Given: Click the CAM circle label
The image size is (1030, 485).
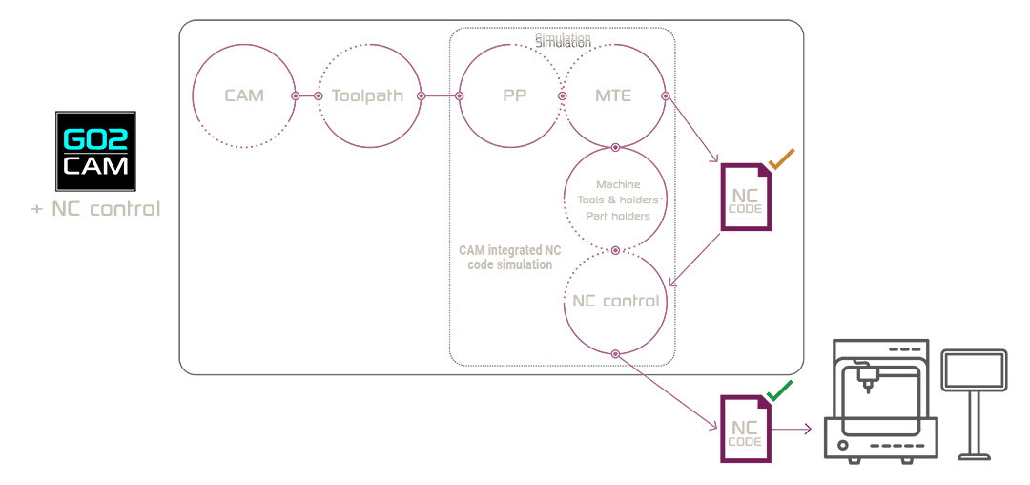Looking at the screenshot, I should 244,95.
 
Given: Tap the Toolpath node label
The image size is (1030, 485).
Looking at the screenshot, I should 367,95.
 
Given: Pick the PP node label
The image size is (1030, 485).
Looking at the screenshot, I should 515,95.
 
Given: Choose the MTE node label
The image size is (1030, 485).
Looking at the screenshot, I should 613,95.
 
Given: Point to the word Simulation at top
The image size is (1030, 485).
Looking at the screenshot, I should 562,38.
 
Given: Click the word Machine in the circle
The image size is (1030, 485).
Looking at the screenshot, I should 617,183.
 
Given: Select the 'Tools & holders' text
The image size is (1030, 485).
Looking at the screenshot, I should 617,200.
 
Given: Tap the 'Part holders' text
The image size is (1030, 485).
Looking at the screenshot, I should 617,216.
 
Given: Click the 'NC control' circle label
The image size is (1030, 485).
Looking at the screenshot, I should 615,301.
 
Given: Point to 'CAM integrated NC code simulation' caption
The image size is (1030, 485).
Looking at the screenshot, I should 509,257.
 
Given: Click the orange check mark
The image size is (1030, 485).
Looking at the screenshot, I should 781,159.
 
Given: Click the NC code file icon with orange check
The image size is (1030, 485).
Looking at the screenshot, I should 746,198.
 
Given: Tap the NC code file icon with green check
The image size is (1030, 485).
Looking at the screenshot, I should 746,429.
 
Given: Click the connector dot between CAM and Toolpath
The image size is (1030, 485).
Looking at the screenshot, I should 295,95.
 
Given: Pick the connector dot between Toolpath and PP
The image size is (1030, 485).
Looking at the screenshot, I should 459,95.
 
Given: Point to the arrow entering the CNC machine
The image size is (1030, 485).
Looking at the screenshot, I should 794,430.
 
